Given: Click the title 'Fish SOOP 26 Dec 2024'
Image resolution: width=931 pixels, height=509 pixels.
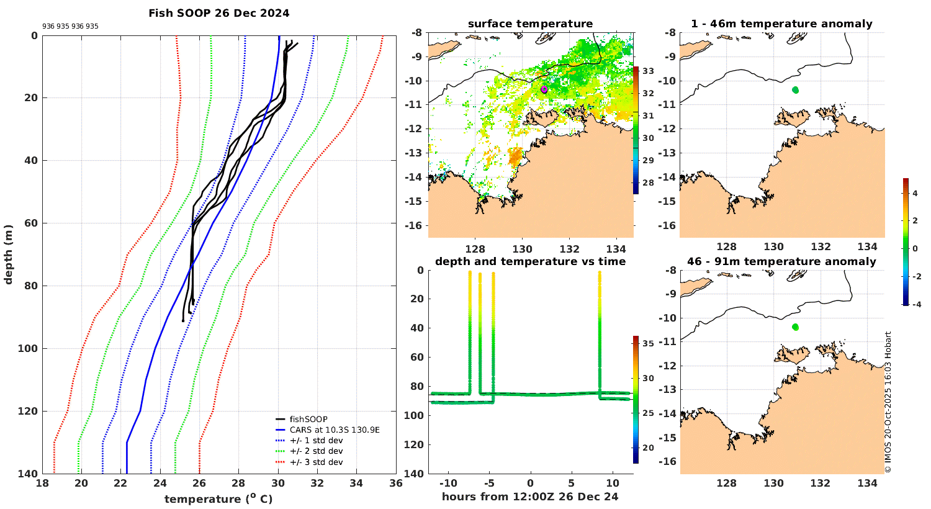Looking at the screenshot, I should click(x=218, y=12).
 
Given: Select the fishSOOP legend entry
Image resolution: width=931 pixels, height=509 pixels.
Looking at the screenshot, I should click(x=308, y=419).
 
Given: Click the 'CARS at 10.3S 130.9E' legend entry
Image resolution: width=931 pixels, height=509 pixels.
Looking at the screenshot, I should click(x=335, y=430).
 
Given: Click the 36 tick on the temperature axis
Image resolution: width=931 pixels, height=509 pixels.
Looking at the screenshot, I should click(x=396, y=484).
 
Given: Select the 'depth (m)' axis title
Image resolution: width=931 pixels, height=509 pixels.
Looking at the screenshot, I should click(x=8, y=254).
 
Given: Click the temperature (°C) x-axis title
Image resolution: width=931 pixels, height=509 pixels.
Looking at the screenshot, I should click(x=218, y=499).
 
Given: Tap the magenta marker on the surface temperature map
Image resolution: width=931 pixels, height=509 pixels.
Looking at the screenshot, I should click(x=544, y=89).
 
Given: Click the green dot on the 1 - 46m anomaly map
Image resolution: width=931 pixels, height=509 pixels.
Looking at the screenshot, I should click(x=795, y=90).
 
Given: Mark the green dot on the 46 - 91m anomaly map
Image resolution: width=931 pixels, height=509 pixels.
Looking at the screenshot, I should click(x=795, y=327).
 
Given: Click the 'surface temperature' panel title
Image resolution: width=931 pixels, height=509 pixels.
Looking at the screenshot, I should click(x=530, y=24).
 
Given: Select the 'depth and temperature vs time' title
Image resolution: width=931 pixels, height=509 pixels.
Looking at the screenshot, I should click(x=530, y=261).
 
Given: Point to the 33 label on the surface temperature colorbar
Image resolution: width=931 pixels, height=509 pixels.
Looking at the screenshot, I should click(x=647, y=71).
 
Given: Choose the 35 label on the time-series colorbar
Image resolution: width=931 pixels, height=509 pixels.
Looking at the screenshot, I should click(x=647, y=343).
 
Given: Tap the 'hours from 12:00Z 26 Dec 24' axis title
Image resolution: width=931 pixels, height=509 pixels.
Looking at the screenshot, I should click(x=530, y=496).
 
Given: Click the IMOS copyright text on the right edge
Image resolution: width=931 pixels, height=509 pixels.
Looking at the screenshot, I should click(x=888, y=402).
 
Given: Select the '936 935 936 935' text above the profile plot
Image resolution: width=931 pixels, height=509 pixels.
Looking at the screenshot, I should click(x=70, y=27).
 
